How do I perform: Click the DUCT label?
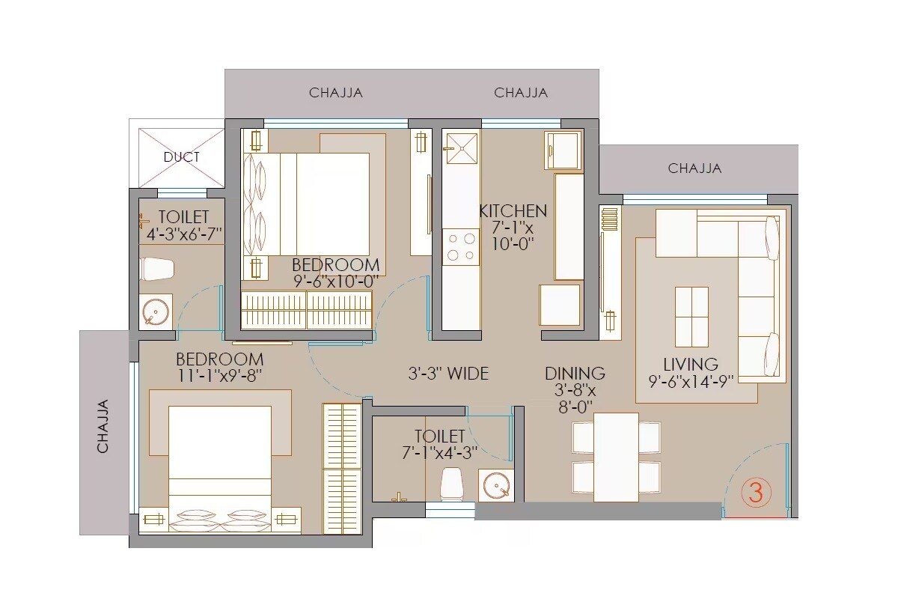(x=182, y=157)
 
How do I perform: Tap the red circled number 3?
(x=756, y=493)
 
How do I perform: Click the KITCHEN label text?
(x=513, y=211)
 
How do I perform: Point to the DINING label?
(x=575, y=373)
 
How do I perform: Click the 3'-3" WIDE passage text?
(x=448, y=373)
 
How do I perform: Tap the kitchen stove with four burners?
(x=461, y=247)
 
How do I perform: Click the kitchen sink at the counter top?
(x=461, y=148)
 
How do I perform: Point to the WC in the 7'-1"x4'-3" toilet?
(x=451, y=482)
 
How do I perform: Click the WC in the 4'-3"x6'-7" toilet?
(x=157, y=269)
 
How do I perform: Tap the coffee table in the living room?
(x=691, y=317)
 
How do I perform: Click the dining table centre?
(x=616, y=457)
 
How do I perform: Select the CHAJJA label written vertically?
(x=103, y=426)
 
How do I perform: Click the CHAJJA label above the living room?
(x=694, y=168)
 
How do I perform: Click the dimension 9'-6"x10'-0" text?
(x=335, y=281)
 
